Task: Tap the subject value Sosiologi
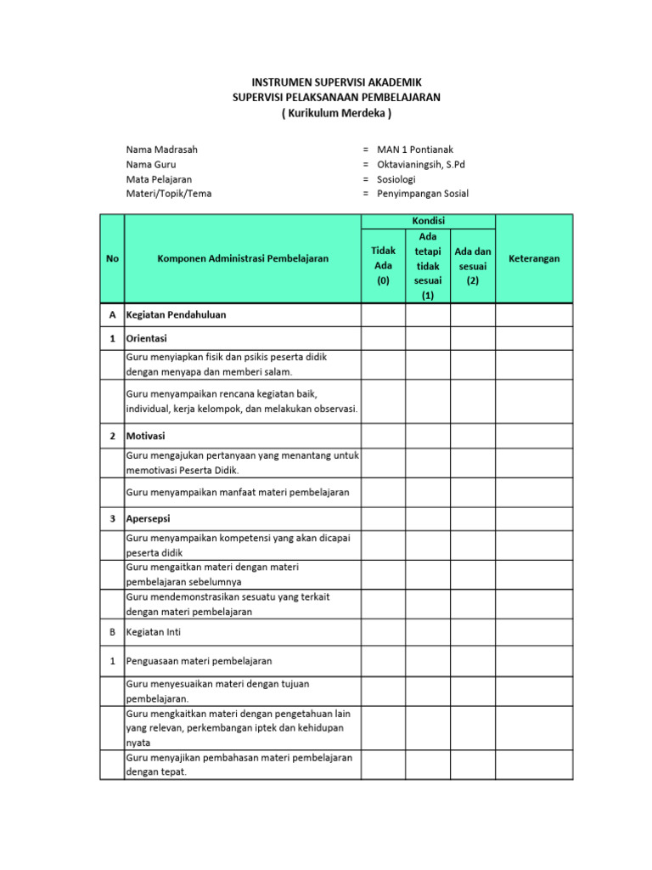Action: click(x=396, y=179)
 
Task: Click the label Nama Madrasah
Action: click(x=162, y=150)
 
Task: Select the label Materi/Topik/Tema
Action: click(x=169, y=194)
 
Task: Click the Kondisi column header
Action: click(x=428, y=221)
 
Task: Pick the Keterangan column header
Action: click(x=534, y=258)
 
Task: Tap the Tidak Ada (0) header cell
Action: click(x=384, y=265)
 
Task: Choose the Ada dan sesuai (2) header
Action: click(x=473, y=265)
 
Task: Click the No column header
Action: click(x=112, y=258)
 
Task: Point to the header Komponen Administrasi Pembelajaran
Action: click(x=243, y=258)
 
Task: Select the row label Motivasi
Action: click(x=146, y=436)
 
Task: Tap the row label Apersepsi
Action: click(x=149, y=518)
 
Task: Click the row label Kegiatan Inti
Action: click(x=154, y=632)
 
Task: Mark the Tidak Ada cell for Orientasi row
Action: click(x=384, y=338)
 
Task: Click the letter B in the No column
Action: click(x=112, y=632)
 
